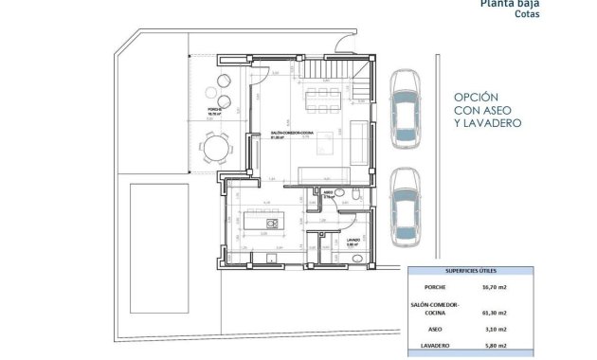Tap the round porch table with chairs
point(216,147)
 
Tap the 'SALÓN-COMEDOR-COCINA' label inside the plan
point(286,133)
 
